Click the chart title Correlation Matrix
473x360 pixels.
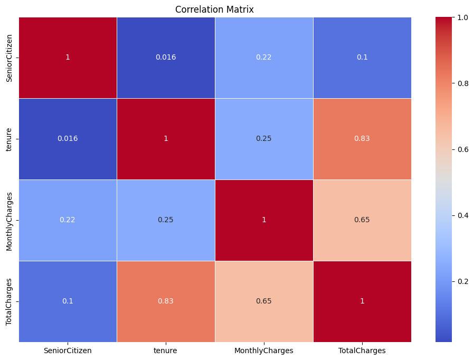click(x=214, y=10)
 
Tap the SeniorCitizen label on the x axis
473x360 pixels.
click(x=68, y=350)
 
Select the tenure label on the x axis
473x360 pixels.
click(x=165, y=350)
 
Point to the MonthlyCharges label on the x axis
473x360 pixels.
click(x=263, y=350)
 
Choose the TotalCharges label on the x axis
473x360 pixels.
click(x=362, y=350)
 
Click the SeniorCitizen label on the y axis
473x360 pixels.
click(x=9, y=58)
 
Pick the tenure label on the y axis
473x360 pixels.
click(x=9, y=139)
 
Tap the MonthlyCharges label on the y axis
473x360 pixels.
click(x=9, y=221)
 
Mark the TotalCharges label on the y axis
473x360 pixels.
click(x=9, y=302)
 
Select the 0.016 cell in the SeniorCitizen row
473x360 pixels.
click(x=166, y=58)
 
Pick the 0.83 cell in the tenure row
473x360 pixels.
click(x=362, y=139)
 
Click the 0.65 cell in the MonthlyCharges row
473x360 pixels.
click(x=362, y=220)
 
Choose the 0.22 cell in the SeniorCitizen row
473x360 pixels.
click(x=263, y=58)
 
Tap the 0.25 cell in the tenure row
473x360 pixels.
click(x=263, y=139)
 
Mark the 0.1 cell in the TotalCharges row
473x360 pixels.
click(x=68, y=301)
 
